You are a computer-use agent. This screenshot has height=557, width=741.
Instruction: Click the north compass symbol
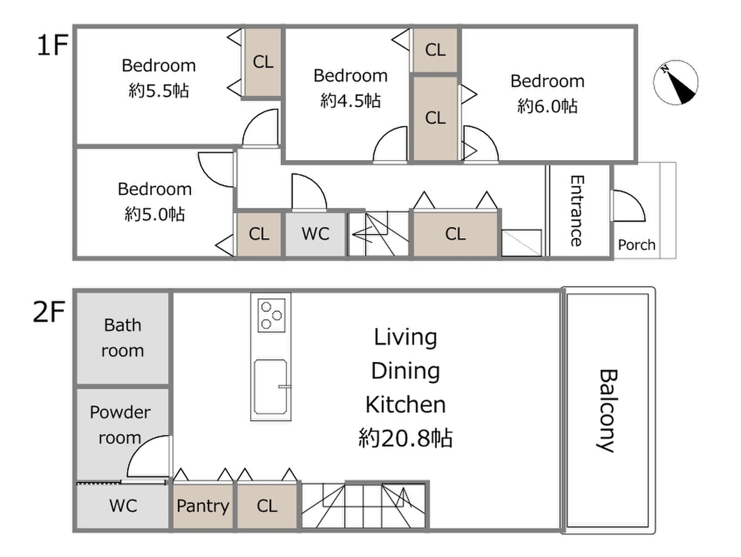click(x=675, y=83)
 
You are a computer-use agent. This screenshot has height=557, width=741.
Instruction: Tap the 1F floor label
click(x=52, y=45)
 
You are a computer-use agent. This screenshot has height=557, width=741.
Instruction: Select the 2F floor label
click(x=49, y=311)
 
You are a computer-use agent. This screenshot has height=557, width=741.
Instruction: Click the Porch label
click(x=636, y=245)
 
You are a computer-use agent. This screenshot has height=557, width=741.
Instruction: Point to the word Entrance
click(x=576, y=210)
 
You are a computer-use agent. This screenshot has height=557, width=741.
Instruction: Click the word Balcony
click(x=609, y=411)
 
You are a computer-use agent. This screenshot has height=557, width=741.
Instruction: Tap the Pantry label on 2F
click(x=203, y=506)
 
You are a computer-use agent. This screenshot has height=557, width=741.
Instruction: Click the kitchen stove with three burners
click(x=271, y=315)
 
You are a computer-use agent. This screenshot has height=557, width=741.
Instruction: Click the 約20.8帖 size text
click(x=406, y=438)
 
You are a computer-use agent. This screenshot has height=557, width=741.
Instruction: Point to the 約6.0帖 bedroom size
click(x=547, y=106)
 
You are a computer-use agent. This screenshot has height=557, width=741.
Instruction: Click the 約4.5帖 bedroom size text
click(x=350, y=100)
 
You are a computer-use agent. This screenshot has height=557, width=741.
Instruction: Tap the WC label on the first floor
click(x=315, y=233)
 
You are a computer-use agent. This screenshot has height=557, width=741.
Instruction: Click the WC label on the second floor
click(x=123, y=505)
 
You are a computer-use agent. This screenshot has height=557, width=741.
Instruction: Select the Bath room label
click(x=123, y=338)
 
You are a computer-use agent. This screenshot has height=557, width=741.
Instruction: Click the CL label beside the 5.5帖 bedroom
click(x=263, y=61)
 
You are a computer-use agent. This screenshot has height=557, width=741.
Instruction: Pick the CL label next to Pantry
click(x=267, y=506)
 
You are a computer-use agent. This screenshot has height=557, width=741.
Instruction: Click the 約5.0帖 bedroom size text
click(x=155, y=214)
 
